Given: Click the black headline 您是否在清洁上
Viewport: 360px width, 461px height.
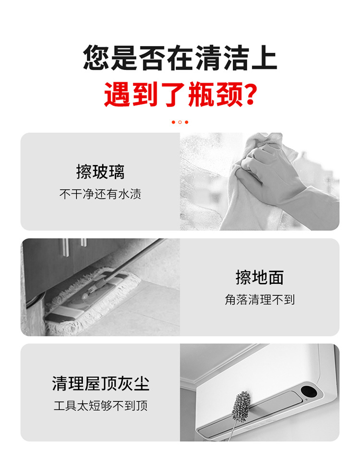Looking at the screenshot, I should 180,59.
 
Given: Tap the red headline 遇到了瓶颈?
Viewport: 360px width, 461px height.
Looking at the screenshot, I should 180,95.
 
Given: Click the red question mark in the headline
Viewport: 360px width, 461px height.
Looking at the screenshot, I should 249,95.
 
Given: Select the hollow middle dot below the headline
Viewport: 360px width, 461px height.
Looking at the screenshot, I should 180,122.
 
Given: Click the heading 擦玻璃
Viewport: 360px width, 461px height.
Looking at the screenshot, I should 100,172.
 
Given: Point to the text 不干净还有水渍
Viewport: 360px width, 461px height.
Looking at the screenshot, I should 100,194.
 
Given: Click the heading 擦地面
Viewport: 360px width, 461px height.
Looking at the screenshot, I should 260,277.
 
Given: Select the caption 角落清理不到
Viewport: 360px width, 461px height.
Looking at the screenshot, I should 260,300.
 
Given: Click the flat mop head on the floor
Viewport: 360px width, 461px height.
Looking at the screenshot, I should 91,300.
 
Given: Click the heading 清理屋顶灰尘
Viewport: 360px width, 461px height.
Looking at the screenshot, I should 101,383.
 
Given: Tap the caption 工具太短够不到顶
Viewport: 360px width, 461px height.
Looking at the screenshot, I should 101,406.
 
